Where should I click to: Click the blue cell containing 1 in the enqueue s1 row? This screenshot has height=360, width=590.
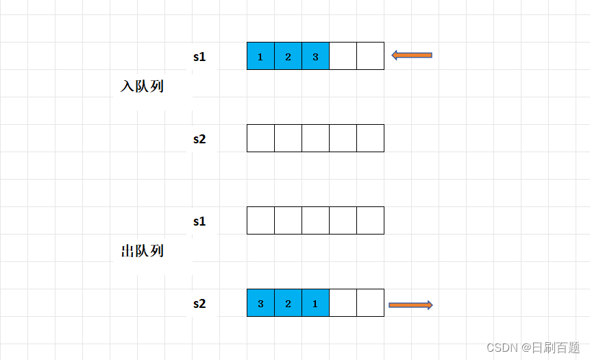260,56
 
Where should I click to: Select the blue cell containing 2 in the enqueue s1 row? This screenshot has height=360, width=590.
288,56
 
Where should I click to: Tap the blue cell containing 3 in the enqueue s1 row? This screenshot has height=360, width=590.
315,56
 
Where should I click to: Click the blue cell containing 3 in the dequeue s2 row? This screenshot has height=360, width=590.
260,303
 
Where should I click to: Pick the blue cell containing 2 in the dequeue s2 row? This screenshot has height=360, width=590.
288,303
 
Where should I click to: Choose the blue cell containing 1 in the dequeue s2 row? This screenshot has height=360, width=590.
315,303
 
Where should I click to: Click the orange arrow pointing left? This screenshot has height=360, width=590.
412,55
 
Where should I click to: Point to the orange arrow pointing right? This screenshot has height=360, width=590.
410,305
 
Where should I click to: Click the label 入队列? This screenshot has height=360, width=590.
142,87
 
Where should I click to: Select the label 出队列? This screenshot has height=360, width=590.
142,251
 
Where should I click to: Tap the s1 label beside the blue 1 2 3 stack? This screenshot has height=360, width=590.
199,57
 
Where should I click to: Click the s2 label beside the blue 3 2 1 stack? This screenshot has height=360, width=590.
199,303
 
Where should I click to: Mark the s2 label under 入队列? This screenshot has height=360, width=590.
199,139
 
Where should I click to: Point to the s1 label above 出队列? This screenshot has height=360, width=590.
199,221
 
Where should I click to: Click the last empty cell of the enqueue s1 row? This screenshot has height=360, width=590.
370,56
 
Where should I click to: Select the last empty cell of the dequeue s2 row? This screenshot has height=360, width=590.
370,303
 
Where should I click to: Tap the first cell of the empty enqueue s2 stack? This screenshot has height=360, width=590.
260,139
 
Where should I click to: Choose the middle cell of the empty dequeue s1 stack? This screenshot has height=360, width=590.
315,221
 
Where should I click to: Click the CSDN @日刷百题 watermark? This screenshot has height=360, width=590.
532,348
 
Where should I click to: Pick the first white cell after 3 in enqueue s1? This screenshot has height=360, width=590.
343,56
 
